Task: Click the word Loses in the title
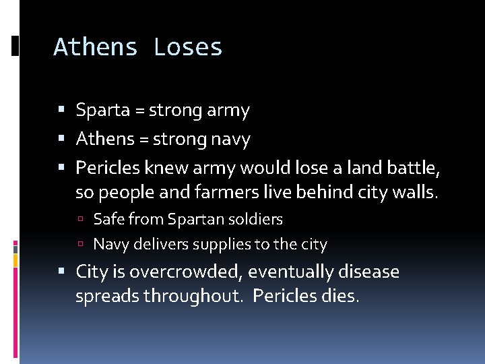point(188,47)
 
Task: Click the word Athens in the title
point(96,47)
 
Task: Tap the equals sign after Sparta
point(141,111)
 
